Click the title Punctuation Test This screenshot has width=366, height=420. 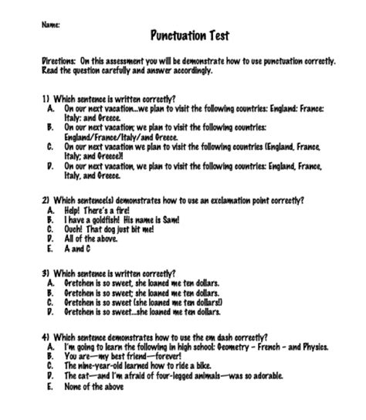[x=189, y=35]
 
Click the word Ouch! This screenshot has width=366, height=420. [x=76, y=229]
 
